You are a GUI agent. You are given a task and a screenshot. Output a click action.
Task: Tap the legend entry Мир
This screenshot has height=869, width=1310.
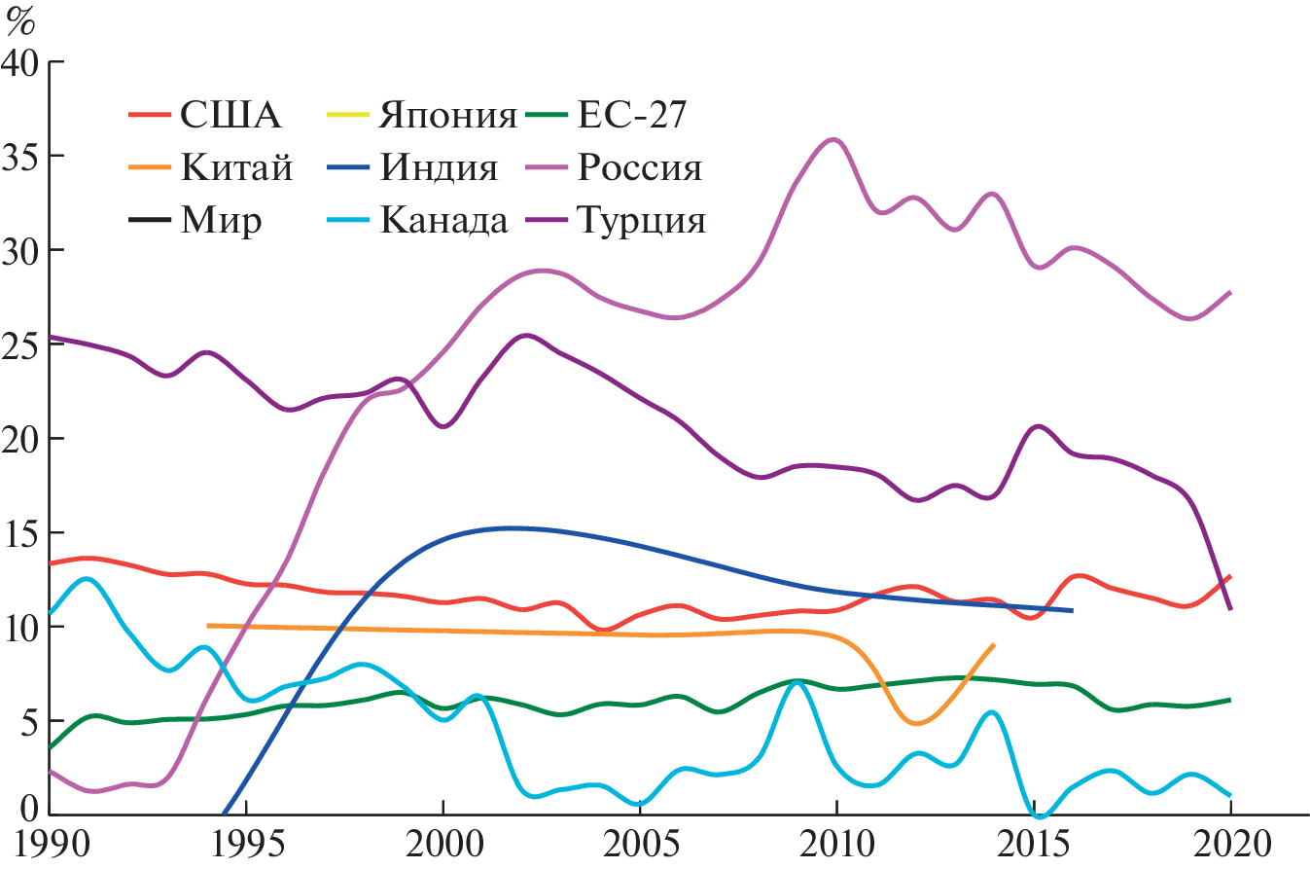click(x=220, y=222)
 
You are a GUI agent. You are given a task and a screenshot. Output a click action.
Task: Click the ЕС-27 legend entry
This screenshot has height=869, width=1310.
click(x=632, y=117)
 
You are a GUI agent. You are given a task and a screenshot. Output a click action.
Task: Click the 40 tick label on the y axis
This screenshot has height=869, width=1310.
click(x=20, y=62)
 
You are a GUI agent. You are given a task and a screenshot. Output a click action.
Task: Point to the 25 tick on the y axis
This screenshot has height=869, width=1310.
click(x=20, y=344)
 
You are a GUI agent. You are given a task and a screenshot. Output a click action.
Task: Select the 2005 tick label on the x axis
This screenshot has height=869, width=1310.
click(x=639, y=843)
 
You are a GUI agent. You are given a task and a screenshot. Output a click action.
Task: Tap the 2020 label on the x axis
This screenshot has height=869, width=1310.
click(x=1229, y=843)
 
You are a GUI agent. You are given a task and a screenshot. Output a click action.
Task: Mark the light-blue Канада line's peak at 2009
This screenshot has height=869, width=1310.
click(x=797, y=682)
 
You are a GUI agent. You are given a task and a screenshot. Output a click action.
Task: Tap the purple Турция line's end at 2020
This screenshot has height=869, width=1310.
click(x=1230, y=609)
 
